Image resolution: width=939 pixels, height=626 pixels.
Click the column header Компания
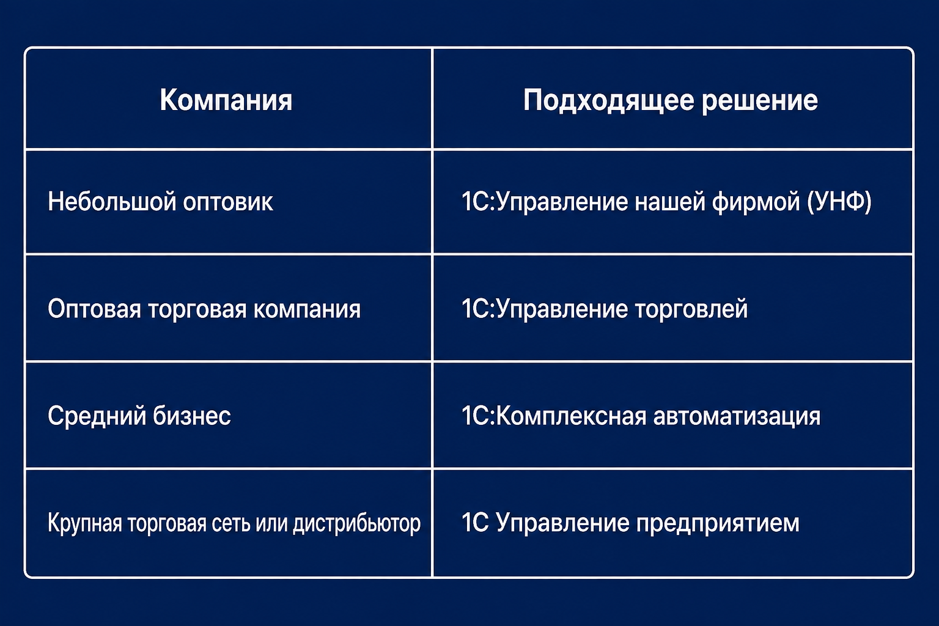point(226,100)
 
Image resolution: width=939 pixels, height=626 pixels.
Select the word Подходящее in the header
point(608,101)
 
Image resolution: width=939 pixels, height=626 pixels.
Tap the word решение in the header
point(760,101)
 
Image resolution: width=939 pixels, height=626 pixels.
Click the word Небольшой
point(111,201)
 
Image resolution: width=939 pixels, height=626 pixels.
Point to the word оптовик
point(228,202)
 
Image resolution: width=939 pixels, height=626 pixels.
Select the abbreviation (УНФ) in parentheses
point(839,202)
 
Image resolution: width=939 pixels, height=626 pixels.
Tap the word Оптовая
point(94,309)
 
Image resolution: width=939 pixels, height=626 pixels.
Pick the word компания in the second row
point(307,309)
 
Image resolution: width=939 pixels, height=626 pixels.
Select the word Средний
point(97,416)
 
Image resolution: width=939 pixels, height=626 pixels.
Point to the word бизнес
point(191,416)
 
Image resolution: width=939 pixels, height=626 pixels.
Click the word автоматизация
point(737,417)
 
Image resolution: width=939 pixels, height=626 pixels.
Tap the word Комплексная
point(572,416)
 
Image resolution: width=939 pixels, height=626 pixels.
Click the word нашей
point(670,202)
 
